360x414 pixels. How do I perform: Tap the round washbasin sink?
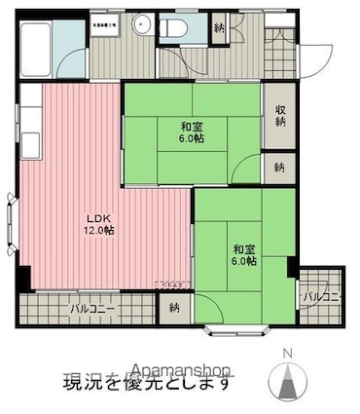click(x=143, y=26)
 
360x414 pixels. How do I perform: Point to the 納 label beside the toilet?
click(x=219, y=29)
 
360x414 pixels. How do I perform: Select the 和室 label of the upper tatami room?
click(x=191, y=127)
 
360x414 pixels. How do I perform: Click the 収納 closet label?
click(x=280, y=116)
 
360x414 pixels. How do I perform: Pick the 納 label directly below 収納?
click(x=280, y=167)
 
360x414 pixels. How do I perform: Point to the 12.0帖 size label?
click(x=100, y=231)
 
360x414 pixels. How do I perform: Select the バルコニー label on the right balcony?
click(x=321, y=295)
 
